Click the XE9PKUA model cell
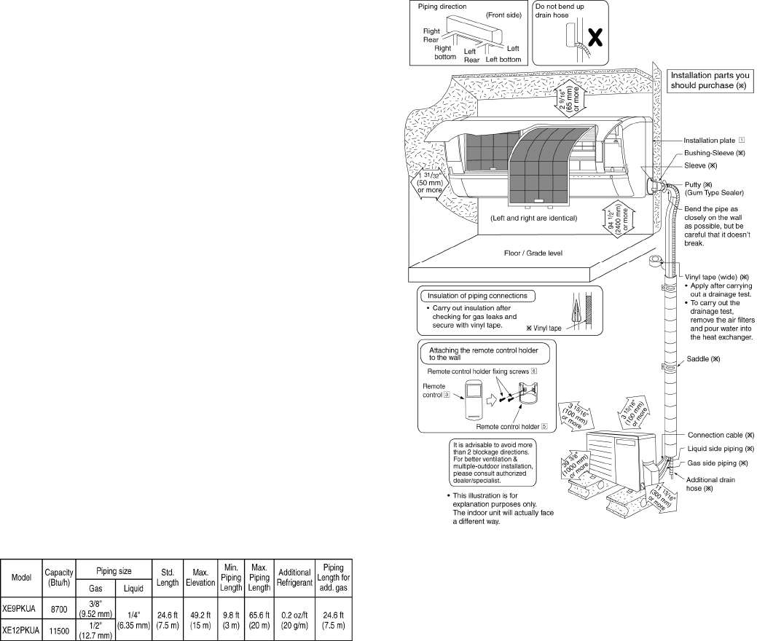20,609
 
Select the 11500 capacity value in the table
59,630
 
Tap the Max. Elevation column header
200,578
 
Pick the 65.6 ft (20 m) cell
259,620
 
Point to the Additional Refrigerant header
294,578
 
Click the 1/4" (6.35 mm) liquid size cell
134,620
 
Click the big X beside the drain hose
595,37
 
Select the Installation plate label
709,141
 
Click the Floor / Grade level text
533,253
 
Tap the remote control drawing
474,401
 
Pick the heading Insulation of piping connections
477,296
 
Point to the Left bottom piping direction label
503,60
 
